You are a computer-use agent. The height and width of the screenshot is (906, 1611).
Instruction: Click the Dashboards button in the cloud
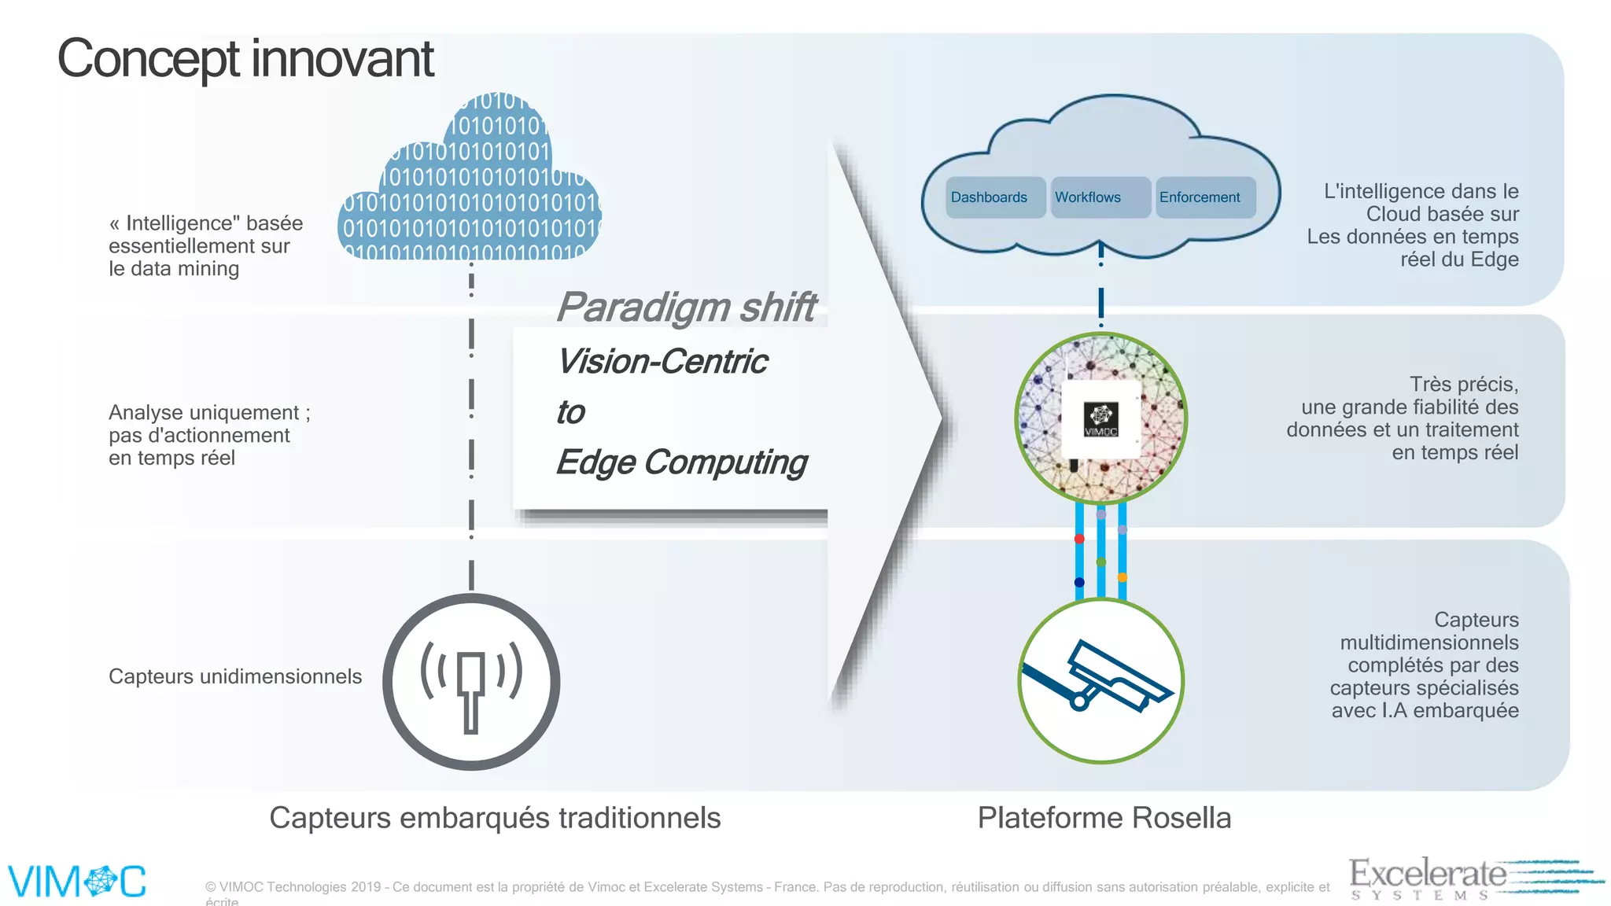[x=990, y=197]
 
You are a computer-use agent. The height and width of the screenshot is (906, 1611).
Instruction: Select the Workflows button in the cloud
[x=1089, y=197]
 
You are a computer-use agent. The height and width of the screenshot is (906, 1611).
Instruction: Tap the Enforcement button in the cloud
[x=1200, y=197]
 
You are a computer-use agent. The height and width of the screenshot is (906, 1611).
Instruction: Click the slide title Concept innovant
[x=245, y=59]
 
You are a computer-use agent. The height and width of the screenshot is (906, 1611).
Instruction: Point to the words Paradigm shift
[x=686, y=307]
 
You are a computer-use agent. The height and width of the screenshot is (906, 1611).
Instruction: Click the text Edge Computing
[x=681, y=462]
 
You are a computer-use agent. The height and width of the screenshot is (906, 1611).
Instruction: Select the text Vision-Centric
[x=662, y=362]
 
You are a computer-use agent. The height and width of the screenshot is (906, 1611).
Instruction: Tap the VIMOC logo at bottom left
[x=77, y=881]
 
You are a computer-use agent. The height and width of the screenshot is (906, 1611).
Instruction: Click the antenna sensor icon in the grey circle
[x=471, y=682]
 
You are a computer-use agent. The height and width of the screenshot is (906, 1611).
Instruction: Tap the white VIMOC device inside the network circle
[x=1101, y=419]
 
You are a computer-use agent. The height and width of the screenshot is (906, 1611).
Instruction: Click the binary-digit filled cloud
[x=470, y=189]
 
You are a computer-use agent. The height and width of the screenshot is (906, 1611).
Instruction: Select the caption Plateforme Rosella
[x=1104, y=818]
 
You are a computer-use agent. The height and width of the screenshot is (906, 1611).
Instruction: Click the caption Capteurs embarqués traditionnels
[x=495, y=818]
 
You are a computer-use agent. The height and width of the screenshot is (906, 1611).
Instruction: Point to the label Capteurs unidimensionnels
[x=235, y=676]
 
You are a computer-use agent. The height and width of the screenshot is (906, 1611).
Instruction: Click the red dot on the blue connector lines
[x=1079, y=539]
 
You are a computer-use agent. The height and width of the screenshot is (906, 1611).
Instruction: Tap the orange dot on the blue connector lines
[x=1123, y=577]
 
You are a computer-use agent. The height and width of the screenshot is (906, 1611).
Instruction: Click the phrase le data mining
[x=174, y=269]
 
